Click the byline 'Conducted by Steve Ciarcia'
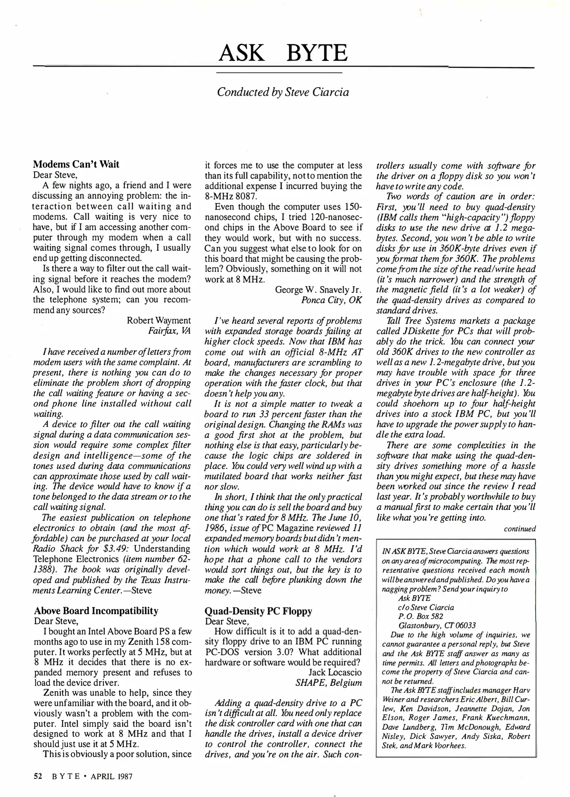283,92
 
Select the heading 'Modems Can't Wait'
76,164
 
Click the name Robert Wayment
159,320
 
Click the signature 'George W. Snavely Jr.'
318,290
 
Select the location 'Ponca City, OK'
331,300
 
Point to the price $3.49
113,549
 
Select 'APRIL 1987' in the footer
111,776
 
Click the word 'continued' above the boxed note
519,529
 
